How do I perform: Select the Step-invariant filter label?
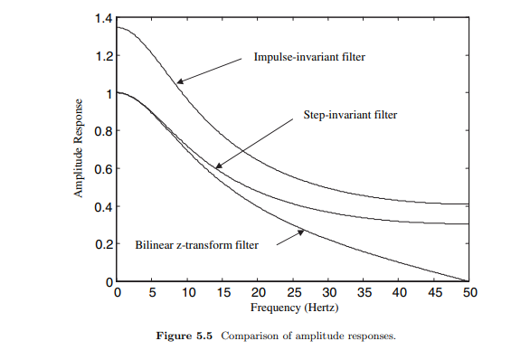(x=348, y=116)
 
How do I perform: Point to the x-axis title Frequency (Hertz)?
(x=292, y=308)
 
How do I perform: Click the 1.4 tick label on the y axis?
(x=102, y=18)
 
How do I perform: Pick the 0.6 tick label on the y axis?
(x=102, y=168)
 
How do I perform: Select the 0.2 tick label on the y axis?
(x=102, y=244)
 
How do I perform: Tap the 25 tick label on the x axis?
(x=292, y=293)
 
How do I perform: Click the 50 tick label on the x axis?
(x=468, y=293)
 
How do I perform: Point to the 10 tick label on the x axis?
(x=187, y=293)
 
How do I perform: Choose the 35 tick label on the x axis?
(x=363, y=293)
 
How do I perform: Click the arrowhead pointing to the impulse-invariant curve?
(x=178, y=82)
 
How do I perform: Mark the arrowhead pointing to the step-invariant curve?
(x=215, y=166)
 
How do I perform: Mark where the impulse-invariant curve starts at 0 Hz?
(x=118, y=27)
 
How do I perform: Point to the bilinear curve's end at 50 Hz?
(x=468, y=281)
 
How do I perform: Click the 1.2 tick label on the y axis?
(x=102, y=56)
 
